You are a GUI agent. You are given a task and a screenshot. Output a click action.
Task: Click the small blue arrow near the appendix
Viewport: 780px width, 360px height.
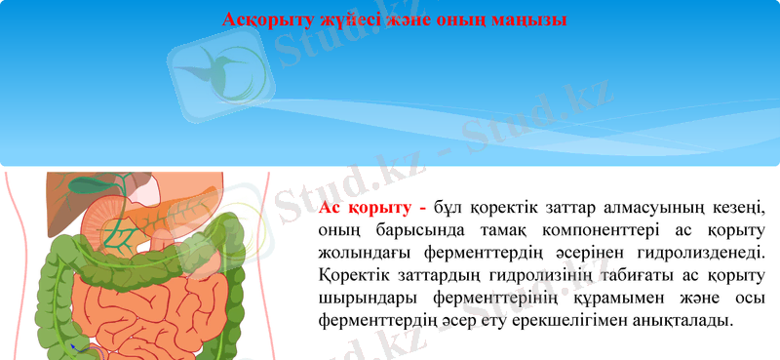tap(72, 346)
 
